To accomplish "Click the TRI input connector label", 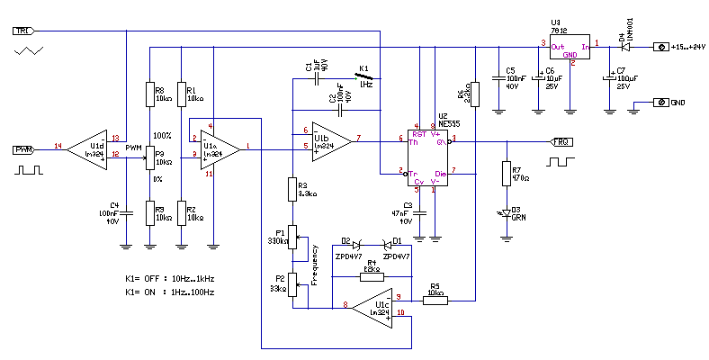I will pos(22,31).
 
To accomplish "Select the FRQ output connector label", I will pos(560,142).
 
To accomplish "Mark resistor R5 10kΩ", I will pos(435,301).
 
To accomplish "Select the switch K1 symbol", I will pos(364,77).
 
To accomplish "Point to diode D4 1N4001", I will pos(621,45).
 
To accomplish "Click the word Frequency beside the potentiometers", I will pos(314,265).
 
